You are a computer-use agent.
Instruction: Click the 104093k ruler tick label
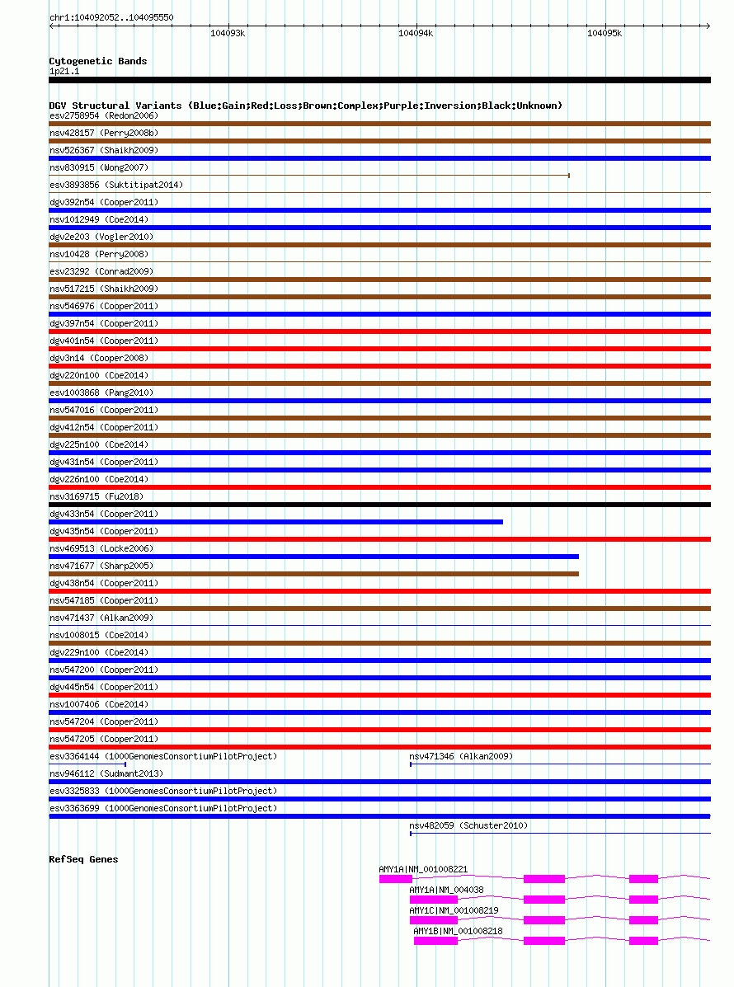(228, 33)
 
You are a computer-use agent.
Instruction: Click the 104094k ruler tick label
(416, 33)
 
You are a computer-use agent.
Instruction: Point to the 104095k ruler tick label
(605, 33)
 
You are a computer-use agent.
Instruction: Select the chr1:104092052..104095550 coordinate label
(111, 17)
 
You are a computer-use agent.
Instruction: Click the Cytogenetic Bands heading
(98, 61)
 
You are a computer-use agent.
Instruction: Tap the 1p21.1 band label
(64, 71)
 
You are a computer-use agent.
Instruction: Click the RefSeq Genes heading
(83, 859)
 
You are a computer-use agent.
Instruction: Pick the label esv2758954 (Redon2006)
(104, 115)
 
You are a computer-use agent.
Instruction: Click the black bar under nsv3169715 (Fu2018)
(379, 505)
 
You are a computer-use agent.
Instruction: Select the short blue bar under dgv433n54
(276, 522)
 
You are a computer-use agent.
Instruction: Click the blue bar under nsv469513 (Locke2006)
(313, 557)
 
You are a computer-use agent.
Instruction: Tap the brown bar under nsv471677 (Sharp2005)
(313, 574)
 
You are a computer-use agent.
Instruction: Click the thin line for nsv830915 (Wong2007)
(309, 176)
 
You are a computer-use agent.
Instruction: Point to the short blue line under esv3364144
(87, 764)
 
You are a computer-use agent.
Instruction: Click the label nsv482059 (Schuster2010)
(468, 825)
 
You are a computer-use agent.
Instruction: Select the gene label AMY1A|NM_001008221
(423, 869)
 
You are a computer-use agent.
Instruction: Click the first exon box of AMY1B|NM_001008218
(435, 941)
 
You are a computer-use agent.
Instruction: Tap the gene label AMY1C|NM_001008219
(454, 910)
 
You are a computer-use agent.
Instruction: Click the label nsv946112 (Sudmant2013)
(106, 773)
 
